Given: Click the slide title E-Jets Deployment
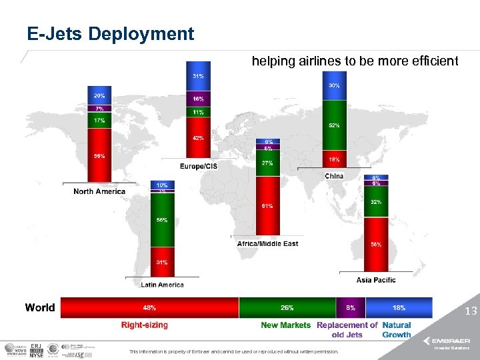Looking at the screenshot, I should coord(111,34).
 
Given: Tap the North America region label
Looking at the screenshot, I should coord(99,192).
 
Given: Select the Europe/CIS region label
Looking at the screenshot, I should coord(198,165).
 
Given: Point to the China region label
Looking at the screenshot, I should coord(334,176).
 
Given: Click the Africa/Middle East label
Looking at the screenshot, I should coord(267,244).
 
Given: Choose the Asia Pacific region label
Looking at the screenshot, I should coord(375,280).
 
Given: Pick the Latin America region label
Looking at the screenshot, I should coord(162,285).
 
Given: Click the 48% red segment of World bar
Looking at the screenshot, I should coord(149,308).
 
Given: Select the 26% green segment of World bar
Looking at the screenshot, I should coord(287,308).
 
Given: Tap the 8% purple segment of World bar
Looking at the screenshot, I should coord(351,308).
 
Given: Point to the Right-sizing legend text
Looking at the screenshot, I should coord(144,325).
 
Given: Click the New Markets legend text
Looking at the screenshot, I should coord(285,325).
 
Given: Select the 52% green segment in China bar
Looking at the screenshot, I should coord(334,125).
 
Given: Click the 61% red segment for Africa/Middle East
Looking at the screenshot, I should coord(267,205).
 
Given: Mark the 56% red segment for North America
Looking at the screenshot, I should coord(99,156).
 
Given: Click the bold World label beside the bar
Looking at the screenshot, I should coord(40,308).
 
